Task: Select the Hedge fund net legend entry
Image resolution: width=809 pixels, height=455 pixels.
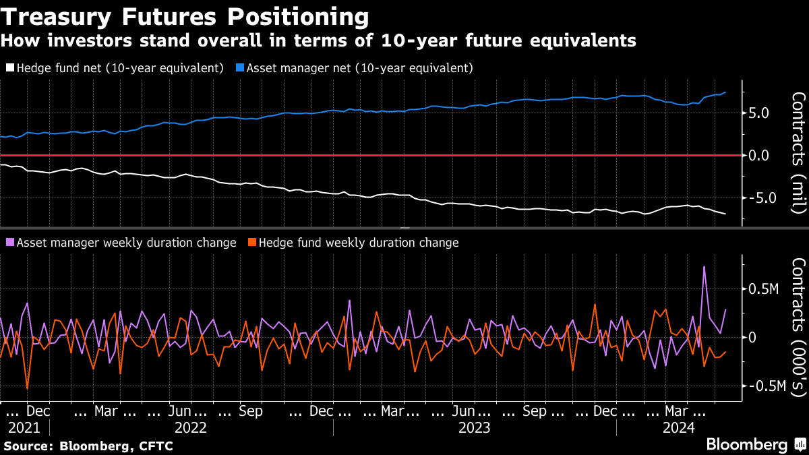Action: pyautogui.click(x=115, y=68)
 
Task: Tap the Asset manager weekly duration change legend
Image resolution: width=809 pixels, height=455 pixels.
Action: pyautogui.click(x=121, y=243)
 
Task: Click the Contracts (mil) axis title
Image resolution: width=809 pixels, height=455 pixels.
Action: pyautogui.click(x=798, y=152)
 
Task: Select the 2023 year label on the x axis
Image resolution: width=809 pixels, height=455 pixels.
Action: pyautogui.click(x=474, y=427)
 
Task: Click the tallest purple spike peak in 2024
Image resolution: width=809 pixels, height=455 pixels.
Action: pyautogui.click(x=704, y=267)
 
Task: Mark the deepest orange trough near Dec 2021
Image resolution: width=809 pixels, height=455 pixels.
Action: pyautogui.click(x=27, y=388)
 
